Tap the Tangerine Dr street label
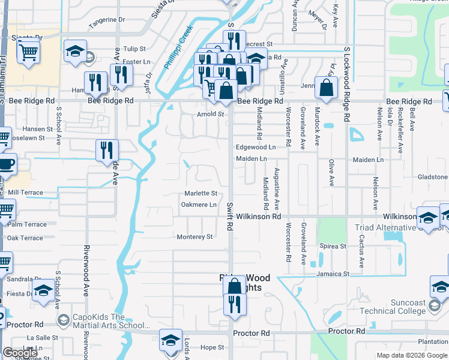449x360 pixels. pos(106,20)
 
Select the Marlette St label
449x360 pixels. pos(200,193)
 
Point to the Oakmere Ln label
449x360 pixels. pos(199,205)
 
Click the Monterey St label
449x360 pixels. pos(194,237)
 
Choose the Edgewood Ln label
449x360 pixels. pos(256,147)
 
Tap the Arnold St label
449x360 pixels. pos(210,114)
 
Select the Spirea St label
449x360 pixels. pos(334,246)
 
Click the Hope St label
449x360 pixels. pos(212,347)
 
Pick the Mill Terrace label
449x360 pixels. pos(24,193)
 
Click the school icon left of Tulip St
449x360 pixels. pos(76,51)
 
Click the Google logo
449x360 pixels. pos(20,353)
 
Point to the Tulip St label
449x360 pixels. pos(134,49)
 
